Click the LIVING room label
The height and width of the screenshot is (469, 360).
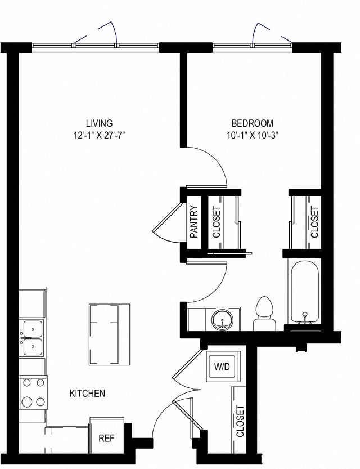click(99, 123)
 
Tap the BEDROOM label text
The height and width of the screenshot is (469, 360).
click(253, 123)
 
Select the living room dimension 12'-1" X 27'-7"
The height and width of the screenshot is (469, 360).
click(99, 135)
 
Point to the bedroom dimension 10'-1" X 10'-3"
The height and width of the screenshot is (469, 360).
click(253, 135)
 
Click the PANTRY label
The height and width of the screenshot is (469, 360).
click(193, 221)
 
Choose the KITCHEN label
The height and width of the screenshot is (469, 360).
click(87, 394)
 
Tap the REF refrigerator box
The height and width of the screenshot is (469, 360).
click(107, 437)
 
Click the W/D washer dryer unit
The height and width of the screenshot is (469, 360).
click(222, 367)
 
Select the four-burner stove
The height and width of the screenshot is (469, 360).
click(32, 393)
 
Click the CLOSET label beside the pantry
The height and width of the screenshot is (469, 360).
click(217, 221)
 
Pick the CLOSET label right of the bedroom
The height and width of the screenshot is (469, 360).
click(314, 221)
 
